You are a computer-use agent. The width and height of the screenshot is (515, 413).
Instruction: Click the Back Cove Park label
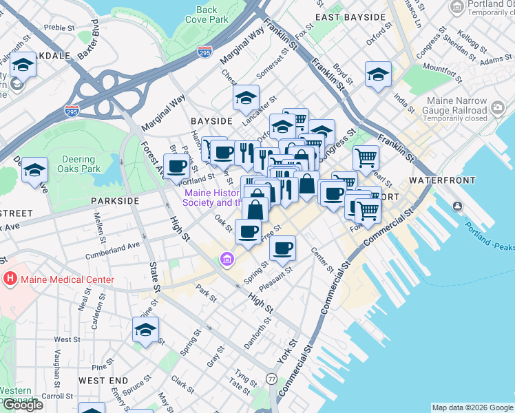tap(207, 14)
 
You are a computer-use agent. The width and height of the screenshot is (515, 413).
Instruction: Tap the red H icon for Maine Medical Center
tap(10, 279)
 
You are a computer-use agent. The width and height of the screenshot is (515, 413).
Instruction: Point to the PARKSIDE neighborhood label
tap(114, 200)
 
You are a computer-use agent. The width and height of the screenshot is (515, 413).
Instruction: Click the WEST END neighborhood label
tap(103, 380)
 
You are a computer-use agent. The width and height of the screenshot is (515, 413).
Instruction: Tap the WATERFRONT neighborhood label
tap(441, 180)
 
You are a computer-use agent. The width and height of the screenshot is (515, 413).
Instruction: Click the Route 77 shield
tap(272, 379)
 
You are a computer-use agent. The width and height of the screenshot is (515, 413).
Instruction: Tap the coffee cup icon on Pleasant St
tap(282, 248)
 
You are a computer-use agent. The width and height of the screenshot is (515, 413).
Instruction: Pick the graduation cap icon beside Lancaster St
tap(246, 98)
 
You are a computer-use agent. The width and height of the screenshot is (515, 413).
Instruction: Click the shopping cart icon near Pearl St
tap(366, 158)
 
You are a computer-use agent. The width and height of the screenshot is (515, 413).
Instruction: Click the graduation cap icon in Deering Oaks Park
tap(34, 171)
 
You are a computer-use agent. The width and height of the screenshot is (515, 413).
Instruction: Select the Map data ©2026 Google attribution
tap(472, 407)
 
